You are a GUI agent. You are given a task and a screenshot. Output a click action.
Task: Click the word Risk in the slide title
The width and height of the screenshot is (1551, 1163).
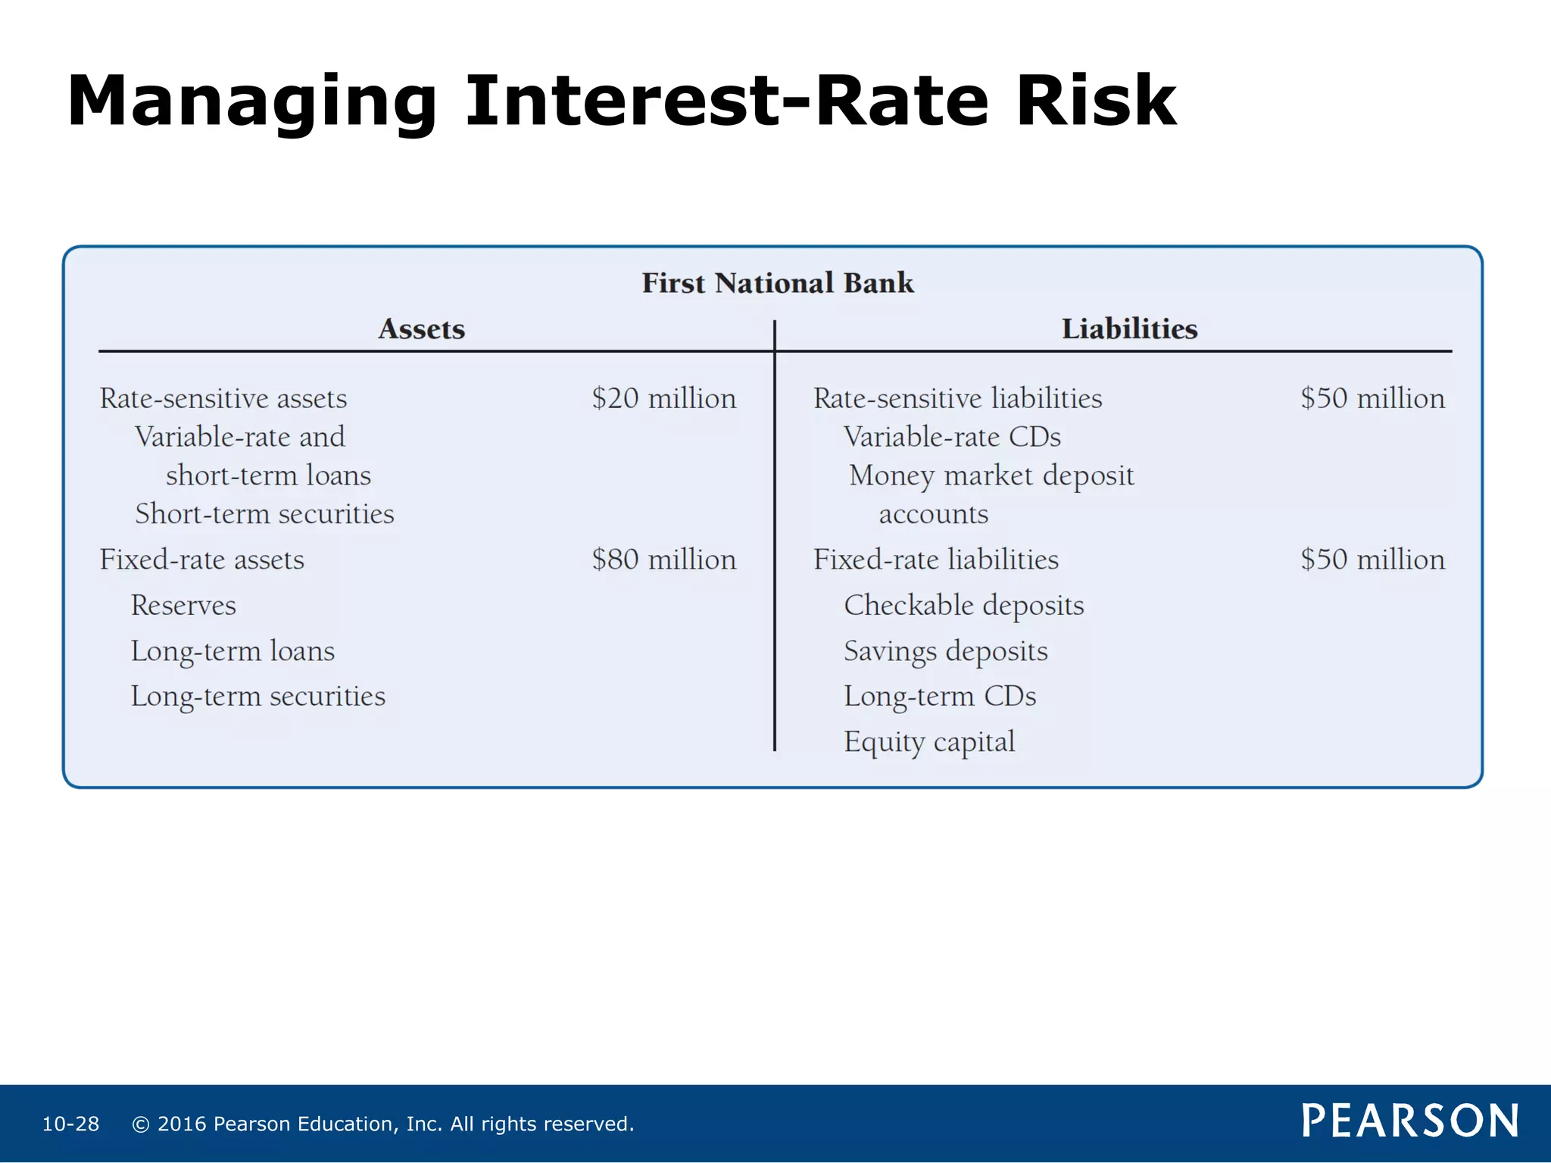coord(1096,101)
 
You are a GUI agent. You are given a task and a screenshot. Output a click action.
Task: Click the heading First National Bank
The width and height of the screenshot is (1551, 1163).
coord(778,283)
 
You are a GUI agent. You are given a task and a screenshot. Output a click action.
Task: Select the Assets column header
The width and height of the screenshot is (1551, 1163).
coord(421,329)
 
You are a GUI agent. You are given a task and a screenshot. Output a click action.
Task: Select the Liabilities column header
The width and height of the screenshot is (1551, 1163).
coord(1129,329)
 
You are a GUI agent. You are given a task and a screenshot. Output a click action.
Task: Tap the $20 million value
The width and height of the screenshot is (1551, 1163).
coord(663,398)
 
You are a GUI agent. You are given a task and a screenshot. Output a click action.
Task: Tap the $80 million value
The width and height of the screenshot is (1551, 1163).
coord(663,560)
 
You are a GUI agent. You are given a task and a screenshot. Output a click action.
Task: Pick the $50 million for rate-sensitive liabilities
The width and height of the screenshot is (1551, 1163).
coord(1372,398)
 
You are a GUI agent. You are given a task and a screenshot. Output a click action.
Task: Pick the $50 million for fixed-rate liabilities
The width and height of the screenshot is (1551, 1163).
coord(1372,560)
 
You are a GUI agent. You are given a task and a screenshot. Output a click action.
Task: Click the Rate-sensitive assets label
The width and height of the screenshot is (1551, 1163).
coord(223,398)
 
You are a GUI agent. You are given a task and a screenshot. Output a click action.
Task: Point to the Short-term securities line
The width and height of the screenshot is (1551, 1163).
coord(264,514)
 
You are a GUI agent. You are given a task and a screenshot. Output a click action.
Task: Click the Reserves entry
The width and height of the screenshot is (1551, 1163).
coord(183,605)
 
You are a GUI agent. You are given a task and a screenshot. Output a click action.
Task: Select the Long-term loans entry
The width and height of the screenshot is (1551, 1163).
coord(232,651)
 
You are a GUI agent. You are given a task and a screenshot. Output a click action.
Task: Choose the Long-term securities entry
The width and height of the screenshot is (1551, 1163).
coord(257,697)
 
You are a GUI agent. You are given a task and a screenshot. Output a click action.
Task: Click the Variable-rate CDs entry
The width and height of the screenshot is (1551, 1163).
coord(952,437)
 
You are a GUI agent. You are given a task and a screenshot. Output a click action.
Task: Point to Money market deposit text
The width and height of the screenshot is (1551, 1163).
coord(991,475)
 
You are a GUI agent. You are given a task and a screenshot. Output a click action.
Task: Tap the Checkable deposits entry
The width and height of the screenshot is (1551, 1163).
coord(964,605)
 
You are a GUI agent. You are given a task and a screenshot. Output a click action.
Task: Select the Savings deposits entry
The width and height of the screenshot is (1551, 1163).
coord(946,651)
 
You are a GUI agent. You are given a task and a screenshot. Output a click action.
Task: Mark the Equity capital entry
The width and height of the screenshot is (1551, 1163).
coord(929,742)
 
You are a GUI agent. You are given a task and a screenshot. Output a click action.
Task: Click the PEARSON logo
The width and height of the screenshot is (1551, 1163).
coord(1409,1121)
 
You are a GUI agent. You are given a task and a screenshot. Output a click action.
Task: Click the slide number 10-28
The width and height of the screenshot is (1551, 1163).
coord(70,1124)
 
